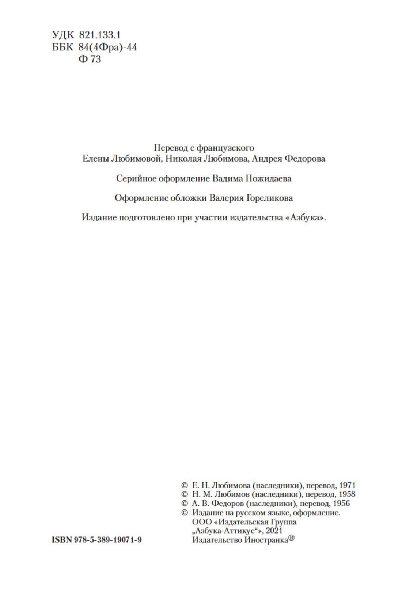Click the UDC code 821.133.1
pyautogui.click(x=99, y=35)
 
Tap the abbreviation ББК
pyautogui.click(x=63, y=47)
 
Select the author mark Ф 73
pyautogui.click(x=90, y=59)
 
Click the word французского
pyautogui.click(x=225, y=148)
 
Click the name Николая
pyautogui.click(x=182, y=159)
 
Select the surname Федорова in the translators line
pyautogui.click(x=304, y=159)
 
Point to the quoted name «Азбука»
pyautogui.click(x=304, y=218)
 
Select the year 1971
pyautogui.click(x=347, y=486)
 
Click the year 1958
pyautogui.click(x=347, y=494)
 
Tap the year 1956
pyautogui.click(x=341, y=504)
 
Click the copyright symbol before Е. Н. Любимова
pyautogui.click(x=185, y=486)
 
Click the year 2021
pyautogui.click(x=274, y=531)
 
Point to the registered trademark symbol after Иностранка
pyautogui.click(x=291, y=538)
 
